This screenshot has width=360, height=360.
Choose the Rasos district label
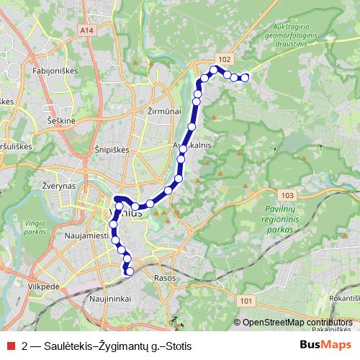click(x=165, y=276)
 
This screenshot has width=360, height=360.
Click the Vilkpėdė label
click(x=45, y=285)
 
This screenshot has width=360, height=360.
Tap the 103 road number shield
click(x=288, y=195)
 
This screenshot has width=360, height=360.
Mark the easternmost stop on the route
click(x=245, y=77)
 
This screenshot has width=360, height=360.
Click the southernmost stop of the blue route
click(x=130, y=271)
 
